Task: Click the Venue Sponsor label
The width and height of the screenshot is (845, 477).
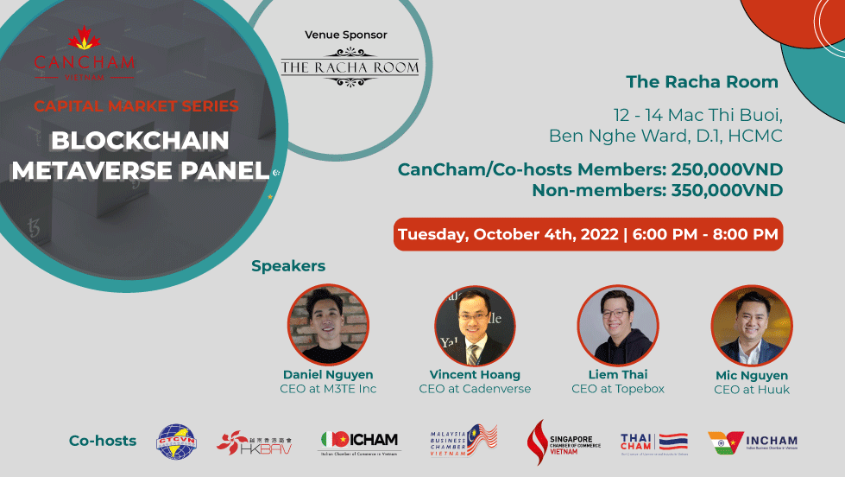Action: (346, 35)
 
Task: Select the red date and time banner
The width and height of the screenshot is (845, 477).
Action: (588, 234)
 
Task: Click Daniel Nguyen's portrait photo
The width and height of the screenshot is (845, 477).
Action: (328, 324)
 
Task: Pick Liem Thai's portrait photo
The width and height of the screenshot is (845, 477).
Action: (618, 325)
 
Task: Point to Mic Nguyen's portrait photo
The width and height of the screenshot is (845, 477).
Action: (751, 326)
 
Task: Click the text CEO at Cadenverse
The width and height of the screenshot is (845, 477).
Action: (475, 389)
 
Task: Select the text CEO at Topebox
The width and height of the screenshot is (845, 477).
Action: (618, 389)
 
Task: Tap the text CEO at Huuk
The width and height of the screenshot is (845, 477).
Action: (751, 390)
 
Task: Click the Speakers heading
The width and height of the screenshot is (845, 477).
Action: (288, 266)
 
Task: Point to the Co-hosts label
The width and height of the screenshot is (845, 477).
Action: (103, 441)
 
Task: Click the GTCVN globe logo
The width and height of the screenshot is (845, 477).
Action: (176, 441)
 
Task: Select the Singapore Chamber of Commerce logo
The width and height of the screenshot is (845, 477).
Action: (563, 442)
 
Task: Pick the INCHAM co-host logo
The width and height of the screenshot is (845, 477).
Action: (752, 442)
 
